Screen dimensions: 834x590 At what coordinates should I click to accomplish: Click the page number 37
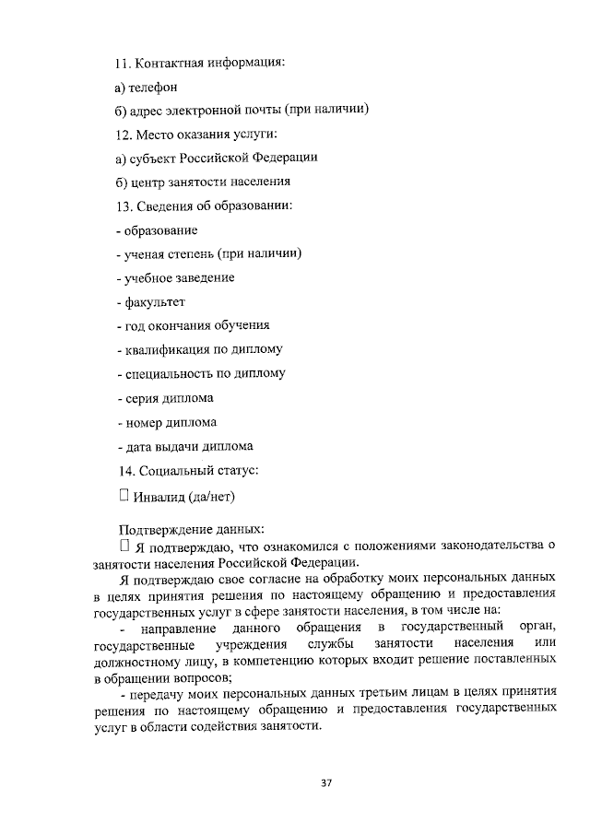(x=325, y=783)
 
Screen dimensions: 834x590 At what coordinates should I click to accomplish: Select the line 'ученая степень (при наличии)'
(x=210, y=253)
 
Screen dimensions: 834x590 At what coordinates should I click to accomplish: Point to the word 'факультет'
(x=152, y=301)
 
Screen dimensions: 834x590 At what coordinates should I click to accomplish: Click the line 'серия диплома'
(x=166, y=398)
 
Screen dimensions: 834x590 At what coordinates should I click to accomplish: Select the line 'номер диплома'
(x=168, y=422)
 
